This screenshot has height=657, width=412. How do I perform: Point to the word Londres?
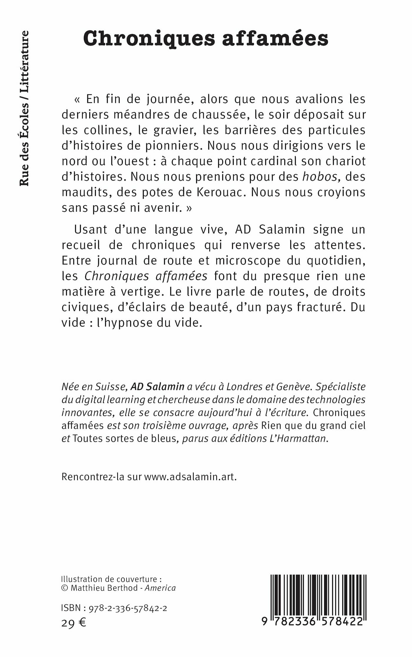pos(244,387)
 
